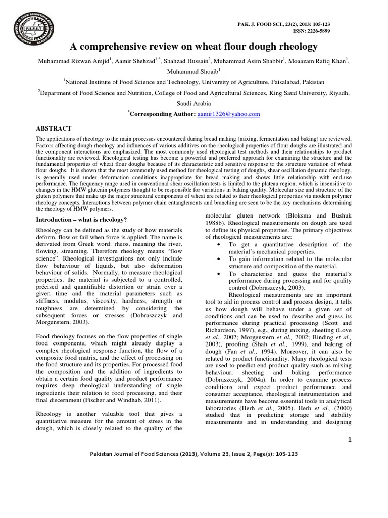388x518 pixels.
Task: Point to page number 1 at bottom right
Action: coord(349,440)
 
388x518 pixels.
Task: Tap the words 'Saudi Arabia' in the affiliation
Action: coord(194,103)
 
